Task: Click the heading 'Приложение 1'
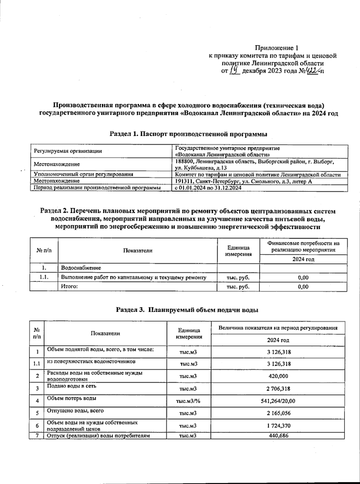point(277,48)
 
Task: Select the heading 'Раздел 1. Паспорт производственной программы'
point(188,134)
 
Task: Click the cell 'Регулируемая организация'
point(68,151)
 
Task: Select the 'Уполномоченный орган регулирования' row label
point(83,174)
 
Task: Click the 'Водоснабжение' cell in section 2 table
point(81,268)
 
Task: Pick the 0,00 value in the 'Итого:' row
point(303,287)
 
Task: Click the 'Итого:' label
point(70,286)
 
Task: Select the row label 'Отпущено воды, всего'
point(75,411)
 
